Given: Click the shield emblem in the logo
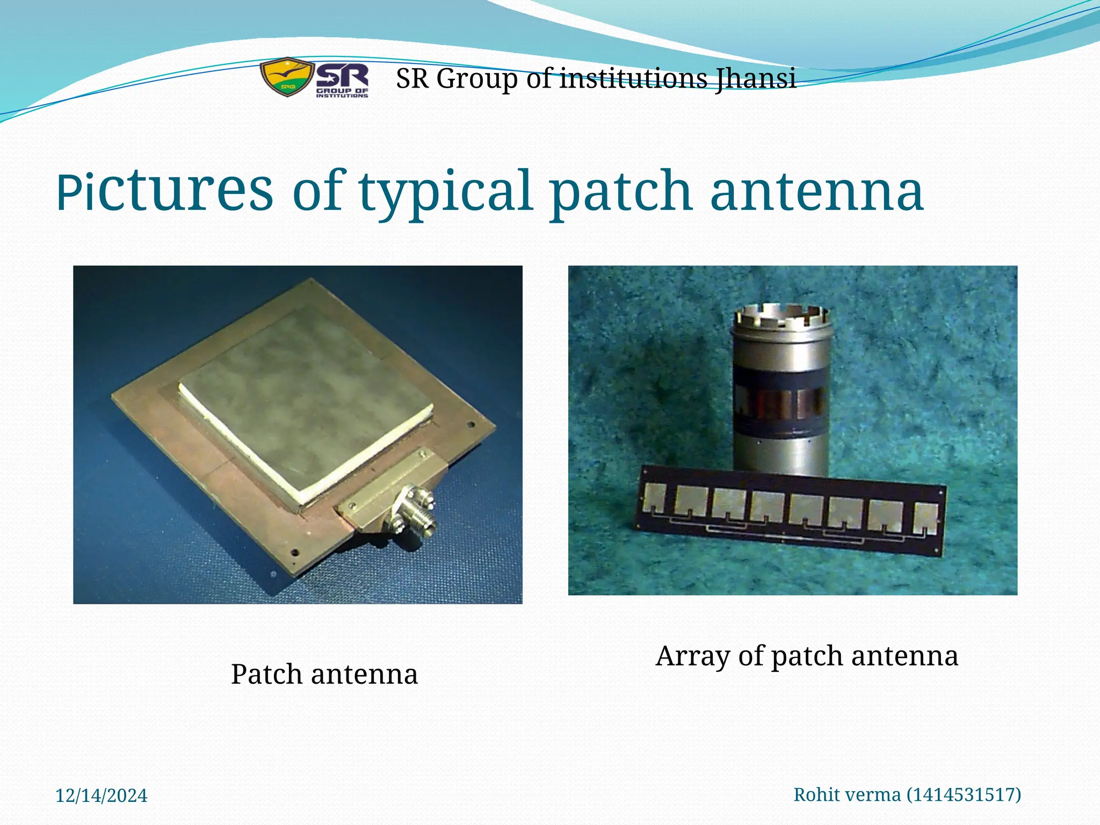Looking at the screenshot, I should pos(286,77).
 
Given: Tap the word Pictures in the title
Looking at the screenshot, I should pos(164,190).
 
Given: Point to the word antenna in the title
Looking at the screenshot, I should pos(816,191).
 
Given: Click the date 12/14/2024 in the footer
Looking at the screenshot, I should pos(101,795).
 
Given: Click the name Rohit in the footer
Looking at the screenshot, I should pos(815,794).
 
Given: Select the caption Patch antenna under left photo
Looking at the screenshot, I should pos(324,674).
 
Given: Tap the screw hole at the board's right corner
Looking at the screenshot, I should pos(471,424).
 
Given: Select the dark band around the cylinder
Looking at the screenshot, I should pos(779,400).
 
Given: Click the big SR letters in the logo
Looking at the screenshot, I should pos(342,76).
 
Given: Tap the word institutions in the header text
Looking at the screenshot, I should pos(634,79).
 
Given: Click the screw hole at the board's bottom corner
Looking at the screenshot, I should pos(294,552).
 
